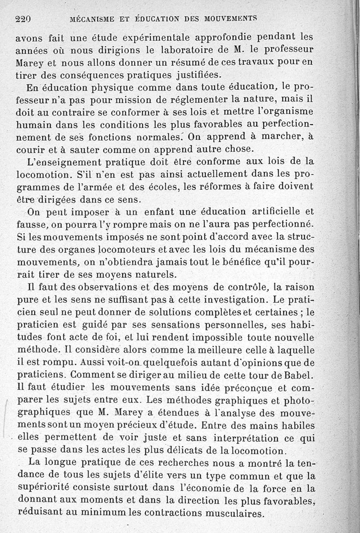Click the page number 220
coord(22,19)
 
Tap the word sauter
coord(85,148)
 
